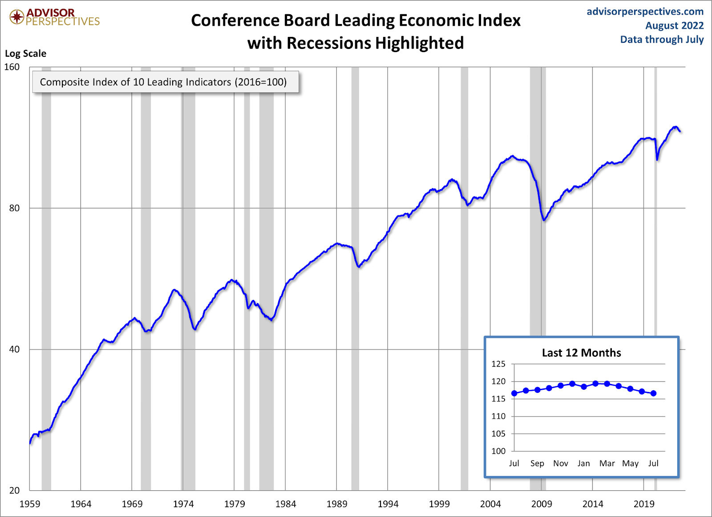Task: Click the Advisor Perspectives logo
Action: point(54,17)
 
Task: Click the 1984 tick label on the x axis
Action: point(285,504)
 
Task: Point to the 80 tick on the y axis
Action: point(14,208)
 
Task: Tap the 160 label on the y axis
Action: point(12,67)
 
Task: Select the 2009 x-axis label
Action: point(542,504)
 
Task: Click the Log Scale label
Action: point(25,54)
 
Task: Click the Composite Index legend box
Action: point(165,82)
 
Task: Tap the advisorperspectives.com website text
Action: point(645,12)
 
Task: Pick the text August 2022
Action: point(674,26)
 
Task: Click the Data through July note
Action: point(662,40)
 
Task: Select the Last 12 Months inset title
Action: point(581,353)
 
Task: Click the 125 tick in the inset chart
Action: point(498,364)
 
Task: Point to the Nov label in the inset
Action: point(561,464)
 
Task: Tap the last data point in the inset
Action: point(653,393)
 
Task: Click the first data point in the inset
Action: point(514,393)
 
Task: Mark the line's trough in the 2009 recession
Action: point(544,220)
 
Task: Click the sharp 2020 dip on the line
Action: point(657,159)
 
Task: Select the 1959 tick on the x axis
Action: point(30,504)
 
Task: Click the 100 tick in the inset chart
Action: point(498,451)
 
